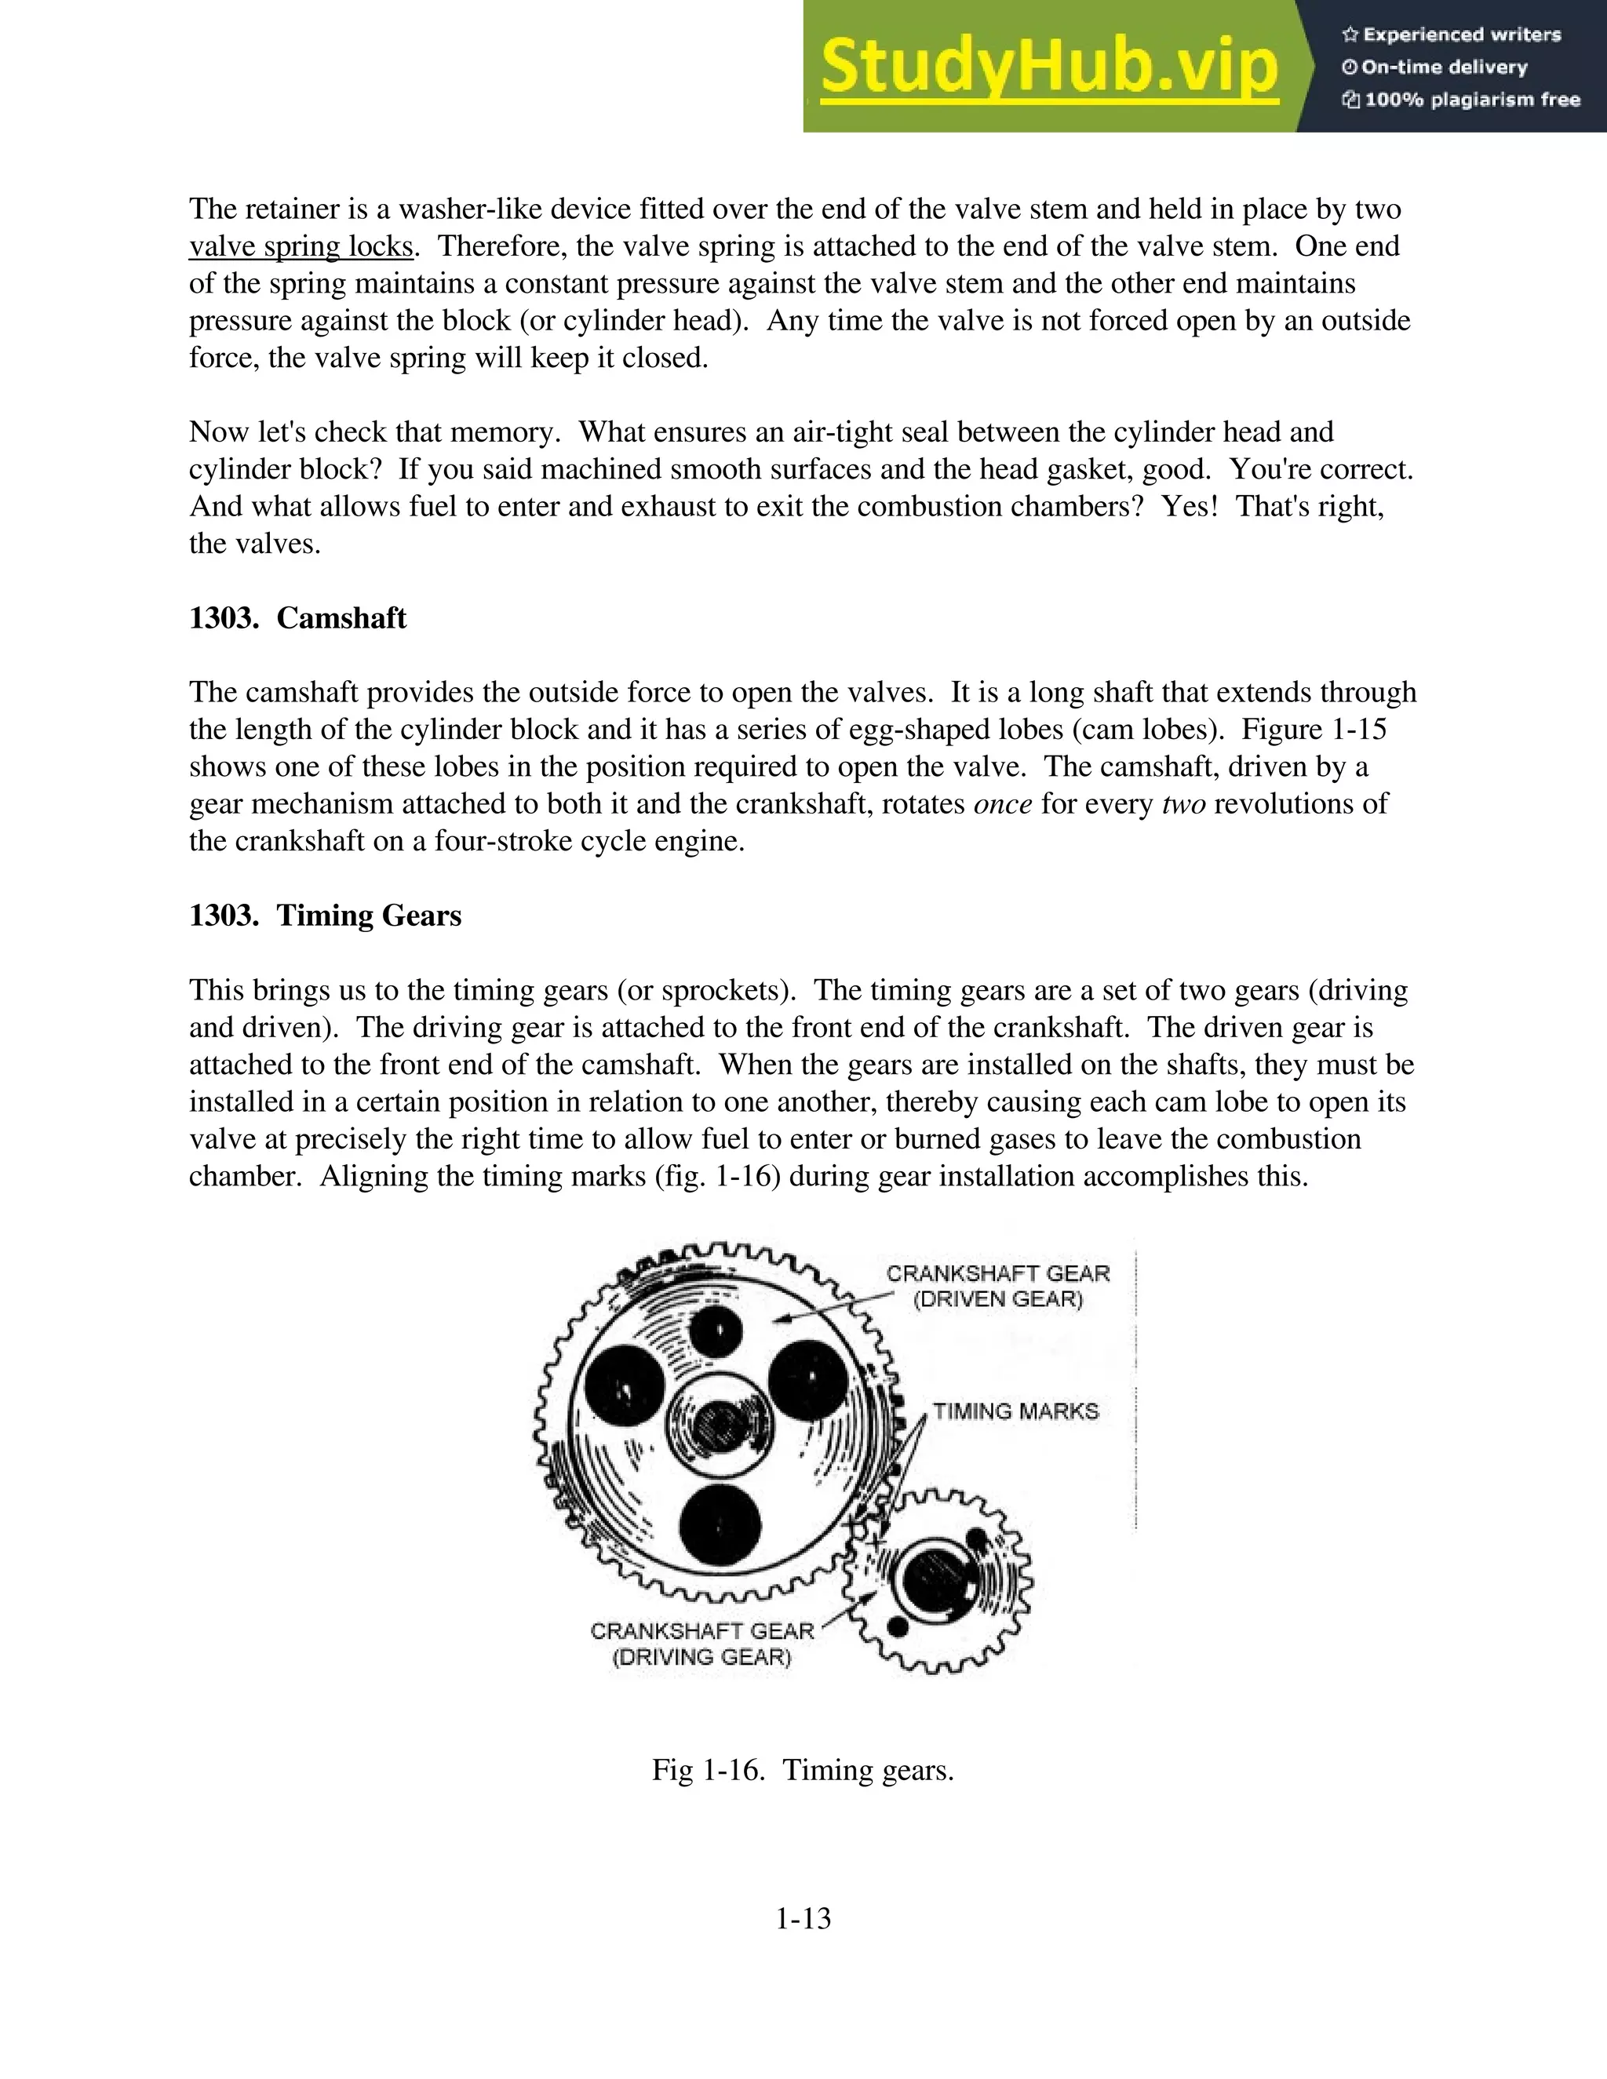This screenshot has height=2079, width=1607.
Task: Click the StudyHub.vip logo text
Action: (x=1048, y=67)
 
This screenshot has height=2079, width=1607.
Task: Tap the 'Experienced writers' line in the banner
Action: (x=1452, y=35)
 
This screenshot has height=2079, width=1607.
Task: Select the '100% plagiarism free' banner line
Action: (x=1461, y=100)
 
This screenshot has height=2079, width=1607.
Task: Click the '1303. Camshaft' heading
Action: (x=297, y=617)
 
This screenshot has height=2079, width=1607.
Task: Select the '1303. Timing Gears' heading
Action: (x=325, y=916)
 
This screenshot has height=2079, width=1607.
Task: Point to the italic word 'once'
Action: (x=1003, y=804)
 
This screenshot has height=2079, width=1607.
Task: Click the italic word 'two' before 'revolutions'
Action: (x=1183, y=804)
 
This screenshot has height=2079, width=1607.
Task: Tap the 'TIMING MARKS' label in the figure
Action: (x=1015, y=1411)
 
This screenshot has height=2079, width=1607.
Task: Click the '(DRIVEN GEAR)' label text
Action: (x=998, y=1299)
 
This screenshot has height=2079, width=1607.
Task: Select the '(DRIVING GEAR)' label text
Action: (x=701, y=1657)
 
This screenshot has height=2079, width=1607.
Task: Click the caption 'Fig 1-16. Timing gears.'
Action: (x=803, y=1771)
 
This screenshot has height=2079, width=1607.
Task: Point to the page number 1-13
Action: (x=803, y=1918)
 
